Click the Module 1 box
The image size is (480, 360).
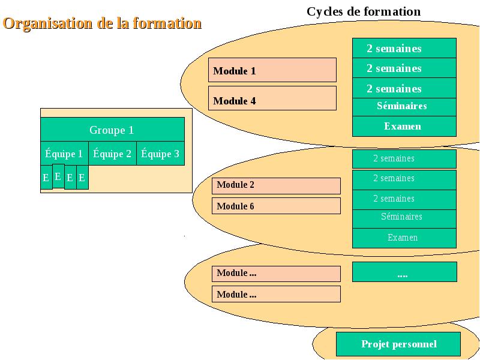point(272,70)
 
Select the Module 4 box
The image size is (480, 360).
point(272,98)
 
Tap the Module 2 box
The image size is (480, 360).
point(276,186)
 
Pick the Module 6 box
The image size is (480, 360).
point(276,206)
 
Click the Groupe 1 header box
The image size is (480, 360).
point(112,130)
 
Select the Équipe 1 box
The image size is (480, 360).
point(64,154)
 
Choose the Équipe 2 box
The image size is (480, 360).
point(112,154)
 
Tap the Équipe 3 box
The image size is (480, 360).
point(160,154)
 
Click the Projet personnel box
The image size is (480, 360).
point(398,344)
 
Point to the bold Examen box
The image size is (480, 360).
point(404,126)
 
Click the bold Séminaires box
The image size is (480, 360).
point(404,107)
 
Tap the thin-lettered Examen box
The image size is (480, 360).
point(404,238)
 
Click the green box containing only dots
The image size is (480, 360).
point(404,272)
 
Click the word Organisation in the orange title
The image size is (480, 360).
point(47,23)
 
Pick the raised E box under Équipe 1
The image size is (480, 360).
point(58,176)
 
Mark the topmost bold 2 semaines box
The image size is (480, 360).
point(404,48)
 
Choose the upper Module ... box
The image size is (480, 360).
point(276,274)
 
